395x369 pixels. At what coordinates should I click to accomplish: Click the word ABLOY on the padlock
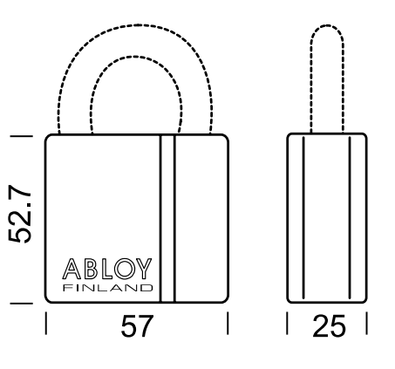tap(107, 269)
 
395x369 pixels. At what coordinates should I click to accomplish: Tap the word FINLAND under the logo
tap(108, 288)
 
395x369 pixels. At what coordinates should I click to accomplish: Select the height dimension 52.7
tap(19, 214)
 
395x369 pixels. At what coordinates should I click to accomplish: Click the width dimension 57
tap(137, 326)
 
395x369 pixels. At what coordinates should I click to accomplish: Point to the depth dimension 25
tap(329, 326)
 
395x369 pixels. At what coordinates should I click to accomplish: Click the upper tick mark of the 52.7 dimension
tap(21, 136)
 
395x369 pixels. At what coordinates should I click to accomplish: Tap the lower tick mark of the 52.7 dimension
tap(21, 304)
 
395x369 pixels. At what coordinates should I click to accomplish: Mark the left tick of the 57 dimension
tap(46, 323)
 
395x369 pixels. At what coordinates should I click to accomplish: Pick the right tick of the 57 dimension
tap(228, 323)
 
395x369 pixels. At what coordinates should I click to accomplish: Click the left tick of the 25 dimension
tap(287, 323)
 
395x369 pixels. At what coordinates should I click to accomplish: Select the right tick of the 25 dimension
tap(367, 323)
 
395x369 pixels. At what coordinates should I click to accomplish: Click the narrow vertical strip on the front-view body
tap(167, 218)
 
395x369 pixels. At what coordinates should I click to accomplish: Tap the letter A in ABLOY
tap(72, 269)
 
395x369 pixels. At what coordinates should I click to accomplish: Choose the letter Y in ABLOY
tap(144, 269)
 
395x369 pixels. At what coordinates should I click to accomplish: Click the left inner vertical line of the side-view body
tap(303, 217)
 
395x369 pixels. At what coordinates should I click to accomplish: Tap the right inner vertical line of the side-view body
tap(350, 217)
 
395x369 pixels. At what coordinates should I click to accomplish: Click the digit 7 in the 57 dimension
tap(146, 326)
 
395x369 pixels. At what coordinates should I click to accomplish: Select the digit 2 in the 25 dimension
tap(321, 326)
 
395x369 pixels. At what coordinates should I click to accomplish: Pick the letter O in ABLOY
tap(125, 269)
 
